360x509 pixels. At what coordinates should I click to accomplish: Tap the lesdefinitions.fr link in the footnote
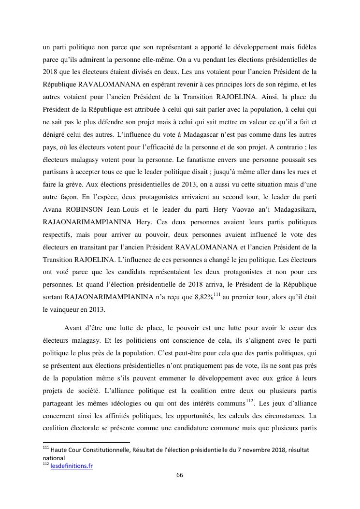[72, 466]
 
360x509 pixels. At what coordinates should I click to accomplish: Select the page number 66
[180, 475]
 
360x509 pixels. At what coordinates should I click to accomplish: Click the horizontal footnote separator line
[86, 442]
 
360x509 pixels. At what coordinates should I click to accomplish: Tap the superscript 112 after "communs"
[249, 386]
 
